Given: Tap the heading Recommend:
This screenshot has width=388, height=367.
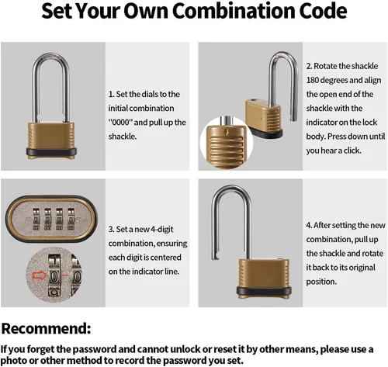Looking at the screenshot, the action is click(x=46, y=328).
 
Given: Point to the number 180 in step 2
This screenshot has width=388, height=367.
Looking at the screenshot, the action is click(x=312, y=80).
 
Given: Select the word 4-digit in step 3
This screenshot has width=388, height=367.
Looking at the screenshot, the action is click(x=162, y=230).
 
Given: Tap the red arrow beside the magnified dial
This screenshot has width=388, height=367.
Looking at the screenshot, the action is click(x=40, y=275).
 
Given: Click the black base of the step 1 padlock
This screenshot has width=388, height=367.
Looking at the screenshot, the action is click(x=51, y=151).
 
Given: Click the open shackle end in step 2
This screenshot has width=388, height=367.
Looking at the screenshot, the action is click(x=294, y=119).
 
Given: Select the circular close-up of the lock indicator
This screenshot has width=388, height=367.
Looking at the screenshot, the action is click(x=227, y=143).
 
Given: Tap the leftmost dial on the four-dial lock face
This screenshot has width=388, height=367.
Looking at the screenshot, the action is click(x=36, y=220).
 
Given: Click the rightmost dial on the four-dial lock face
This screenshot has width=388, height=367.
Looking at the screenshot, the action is click(x=71, y=220).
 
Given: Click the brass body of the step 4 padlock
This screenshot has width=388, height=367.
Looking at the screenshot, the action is click(x=263, y=274).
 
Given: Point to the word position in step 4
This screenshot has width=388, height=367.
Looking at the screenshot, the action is click(x=321, y=282).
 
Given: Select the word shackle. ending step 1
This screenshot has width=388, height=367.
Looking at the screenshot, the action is click(x=123, y=137).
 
